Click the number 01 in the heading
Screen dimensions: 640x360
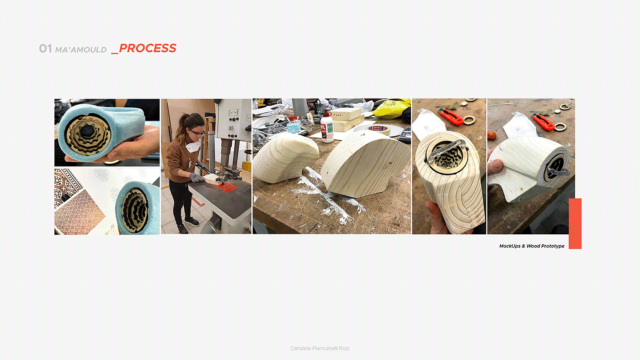[45, 48]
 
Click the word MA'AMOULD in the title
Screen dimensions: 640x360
[81, 50]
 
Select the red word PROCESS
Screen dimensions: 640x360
[147, 48]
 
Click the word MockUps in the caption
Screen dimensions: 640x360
[510, 246]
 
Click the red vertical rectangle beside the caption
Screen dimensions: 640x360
[575, 223]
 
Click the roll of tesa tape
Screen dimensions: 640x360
[379, 129]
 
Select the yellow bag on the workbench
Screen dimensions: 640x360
[391, 108]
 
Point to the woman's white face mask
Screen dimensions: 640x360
[192, 146]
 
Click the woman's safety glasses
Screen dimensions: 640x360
[197, 133]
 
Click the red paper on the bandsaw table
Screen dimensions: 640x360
[226, 187]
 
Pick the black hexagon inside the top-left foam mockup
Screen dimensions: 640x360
[87, 131]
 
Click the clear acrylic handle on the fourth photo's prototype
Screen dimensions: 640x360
[447, 149]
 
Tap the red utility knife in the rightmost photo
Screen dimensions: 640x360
[543, 122]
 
